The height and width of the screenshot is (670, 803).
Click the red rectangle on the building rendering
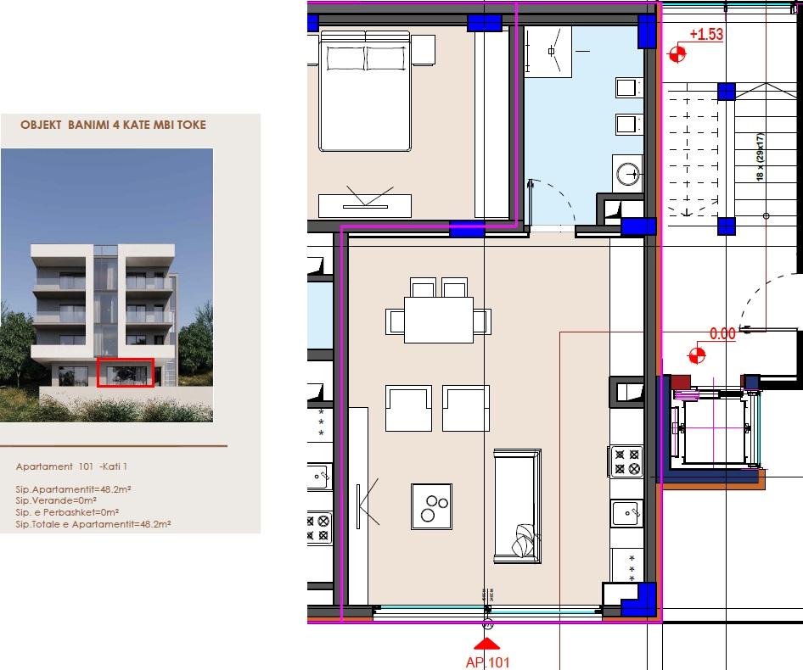(126, 372)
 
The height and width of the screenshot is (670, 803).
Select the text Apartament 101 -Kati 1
(71, 466)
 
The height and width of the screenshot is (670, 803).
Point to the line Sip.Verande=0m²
(56, 501)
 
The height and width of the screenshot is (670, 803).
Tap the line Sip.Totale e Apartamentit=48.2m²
(93, 525)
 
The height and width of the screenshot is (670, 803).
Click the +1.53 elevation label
(705, 35)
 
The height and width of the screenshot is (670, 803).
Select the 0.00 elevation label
(722, 334)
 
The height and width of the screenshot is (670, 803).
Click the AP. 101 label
(488, 662)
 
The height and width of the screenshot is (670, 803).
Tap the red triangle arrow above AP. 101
(488, 644)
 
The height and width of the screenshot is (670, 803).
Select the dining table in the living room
(438, 320)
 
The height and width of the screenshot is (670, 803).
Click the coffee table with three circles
(431, 506)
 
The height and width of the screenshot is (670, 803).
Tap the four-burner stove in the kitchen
(626, 461)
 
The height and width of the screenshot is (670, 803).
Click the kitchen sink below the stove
(626, 513)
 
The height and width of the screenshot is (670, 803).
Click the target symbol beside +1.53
(677, 54)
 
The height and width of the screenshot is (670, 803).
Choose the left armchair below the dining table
(408, 408)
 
